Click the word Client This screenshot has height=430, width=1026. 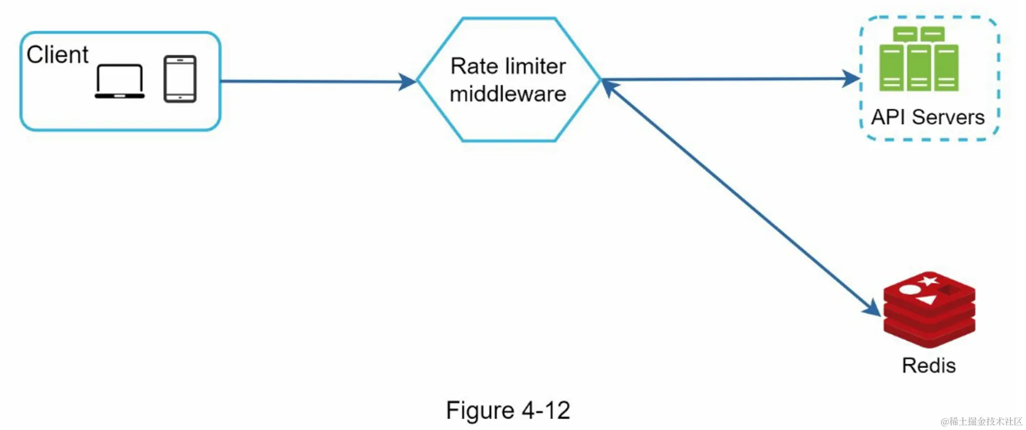pos(57,54)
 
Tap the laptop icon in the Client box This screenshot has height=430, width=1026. pos(120,81)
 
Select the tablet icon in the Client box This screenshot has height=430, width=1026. pos(180,79)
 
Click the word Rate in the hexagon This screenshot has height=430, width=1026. pos(474,66)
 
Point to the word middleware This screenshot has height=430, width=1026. pos(508,94)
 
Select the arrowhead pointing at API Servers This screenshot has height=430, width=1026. pos(852,79)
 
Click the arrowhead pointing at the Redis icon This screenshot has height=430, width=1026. pos(873,308)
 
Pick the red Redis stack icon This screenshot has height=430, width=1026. pos(929,310)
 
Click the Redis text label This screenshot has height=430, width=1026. pos(929,366)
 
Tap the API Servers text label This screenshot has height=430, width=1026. pos(928,117)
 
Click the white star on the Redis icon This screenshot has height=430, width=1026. pos(928,281)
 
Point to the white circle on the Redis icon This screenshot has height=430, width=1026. pos(910,289)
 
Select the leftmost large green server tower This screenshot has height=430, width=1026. pos(891,68)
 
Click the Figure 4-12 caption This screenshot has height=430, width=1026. pos(508,410)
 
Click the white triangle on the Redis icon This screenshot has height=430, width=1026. pos(926,300)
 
